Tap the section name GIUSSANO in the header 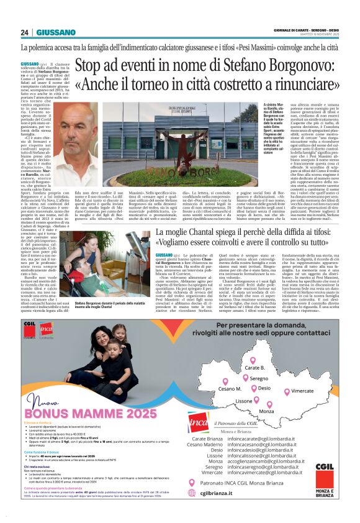(56, 32)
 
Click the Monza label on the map (266, 411)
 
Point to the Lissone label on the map (244, 401)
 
